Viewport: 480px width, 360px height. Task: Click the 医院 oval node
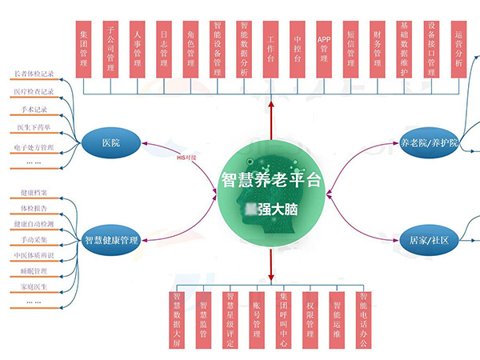tap(111, 142)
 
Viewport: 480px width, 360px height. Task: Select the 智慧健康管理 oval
tap(111, 239)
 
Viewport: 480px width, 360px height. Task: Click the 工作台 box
tap(271, 49)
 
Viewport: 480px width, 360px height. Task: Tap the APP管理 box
tap(324, 49)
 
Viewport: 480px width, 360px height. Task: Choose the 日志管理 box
tap(165, 49)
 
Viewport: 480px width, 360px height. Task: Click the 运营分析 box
tap(458, 49)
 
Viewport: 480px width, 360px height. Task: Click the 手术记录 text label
tap(34, 110)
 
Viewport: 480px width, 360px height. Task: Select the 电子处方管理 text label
tap(34, 147)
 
